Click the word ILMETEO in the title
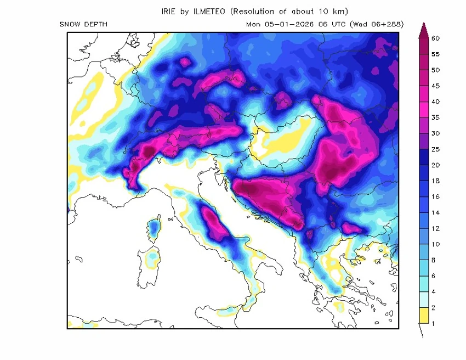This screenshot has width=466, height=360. [209, 11]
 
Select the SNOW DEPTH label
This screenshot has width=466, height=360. [83, 24]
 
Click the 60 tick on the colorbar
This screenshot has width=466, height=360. [436, 38]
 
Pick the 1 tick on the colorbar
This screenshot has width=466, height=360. [433, 323]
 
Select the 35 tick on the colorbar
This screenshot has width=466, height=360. [436, 117]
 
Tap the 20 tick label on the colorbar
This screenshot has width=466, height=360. [436, 165]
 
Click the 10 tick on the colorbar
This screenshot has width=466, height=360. [436, 244]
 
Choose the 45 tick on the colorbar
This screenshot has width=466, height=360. [436, 86]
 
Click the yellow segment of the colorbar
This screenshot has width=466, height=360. [423, 316]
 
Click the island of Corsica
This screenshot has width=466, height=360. [154, 229]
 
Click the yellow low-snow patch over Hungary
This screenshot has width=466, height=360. [285, 140]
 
